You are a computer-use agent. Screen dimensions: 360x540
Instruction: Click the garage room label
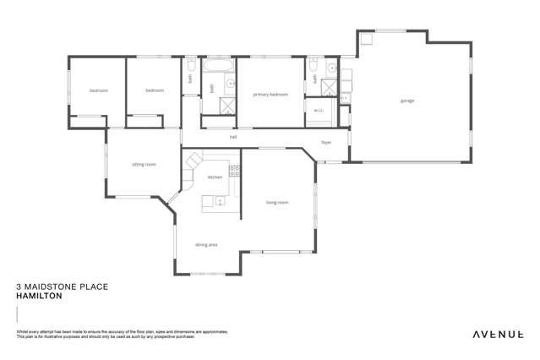pyautogui.click(x=407, y=101)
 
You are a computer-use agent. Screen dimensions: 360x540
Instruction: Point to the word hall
pyautogui.click(x=233, y=136)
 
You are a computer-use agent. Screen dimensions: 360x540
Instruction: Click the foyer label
pyautogui.click(x=326, y=142)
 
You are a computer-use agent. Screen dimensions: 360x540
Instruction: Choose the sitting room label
pyautogui.click(x=144, y=164)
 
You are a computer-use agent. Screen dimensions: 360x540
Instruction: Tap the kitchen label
pyautogui.click(x=215, y=177)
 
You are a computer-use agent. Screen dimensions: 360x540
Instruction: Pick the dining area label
pyautogui.click(x=206, y=244)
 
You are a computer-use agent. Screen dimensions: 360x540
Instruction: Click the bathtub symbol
pyautogui.click(x=218, y=65)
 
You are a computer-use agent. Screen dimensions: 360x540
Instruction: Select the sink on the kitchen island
pyautogui.click(x=219, y=201)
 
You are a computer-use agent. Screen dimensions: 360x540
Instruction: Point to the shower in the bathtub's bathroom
pyautogui.click(x=227, y=106)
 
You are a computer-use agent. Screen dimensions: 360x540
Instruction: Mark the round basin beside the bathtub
pyautogui.click(x=229, y=84)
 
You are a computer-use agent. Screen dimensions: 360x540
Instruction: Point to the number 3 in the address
pyautogui.click(x=19, y=287)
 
